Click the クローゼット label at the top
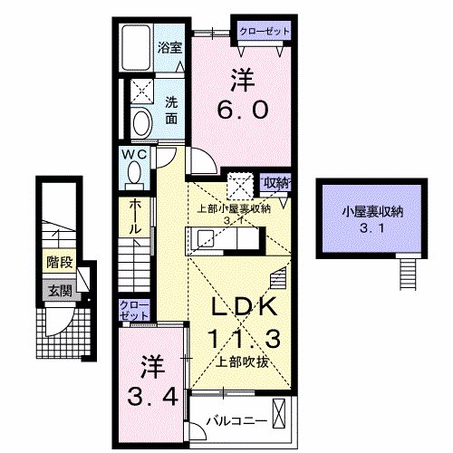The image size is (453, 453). point(265,31)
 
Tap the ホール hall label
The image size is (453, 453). point(134,217)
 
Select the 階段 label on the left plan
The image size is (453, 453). point(59,264)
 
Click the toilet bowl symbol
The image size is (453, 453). point(142,122)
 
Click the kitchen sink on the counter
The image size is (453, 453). point(205,239)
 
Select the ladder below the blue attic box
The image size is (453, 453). point(409,270)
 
